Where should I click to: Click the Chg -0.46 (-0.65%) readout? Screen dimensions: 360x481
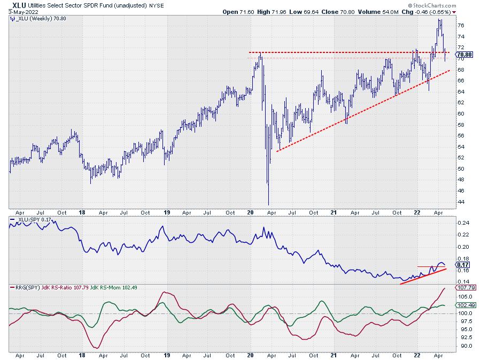[437, 12]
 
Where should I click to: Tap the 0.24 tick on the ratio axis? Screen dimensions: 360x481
[464, 223]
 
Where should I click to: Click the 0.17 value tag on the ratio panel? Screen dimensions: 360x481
[463, 264]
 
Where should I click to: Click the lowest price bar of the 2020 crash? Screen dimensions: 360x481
[268, 203]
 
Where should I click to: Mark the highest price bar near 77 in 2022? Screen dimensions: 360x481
[440, 20]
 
